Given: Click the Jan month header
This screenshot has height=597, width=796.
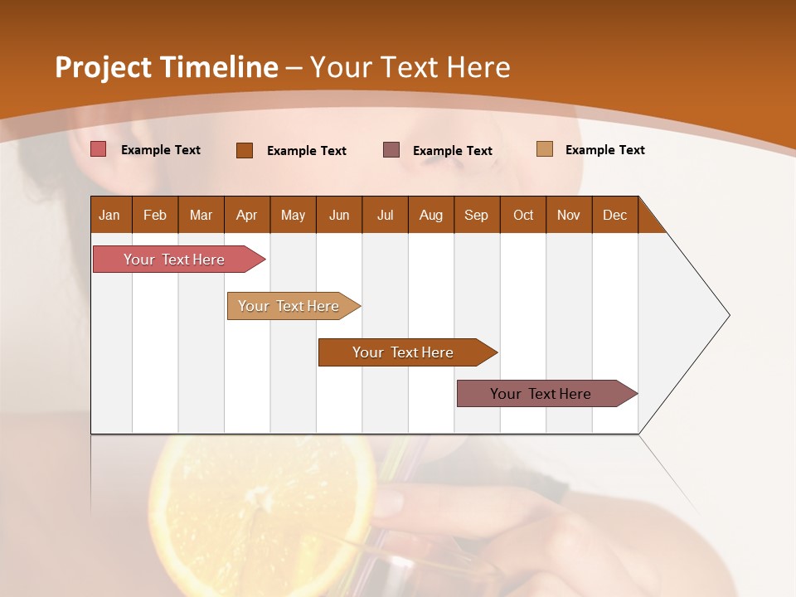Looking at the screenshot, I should (x=110, y=215).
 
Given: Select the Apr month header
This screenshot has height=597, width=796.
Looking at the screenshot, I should (x=247, y=215).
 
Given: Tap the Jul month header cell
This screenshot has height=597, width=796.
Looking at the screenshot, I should (x=385, y=215).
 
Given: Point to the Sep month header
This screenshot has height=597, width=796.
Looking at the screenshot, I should (x=476, y=215).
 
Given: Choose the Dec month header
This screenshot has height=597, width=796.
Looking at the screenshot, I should (x=614, y=215).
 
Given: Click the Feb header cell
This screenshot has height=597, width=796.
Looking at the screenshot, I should (x=155, y=215).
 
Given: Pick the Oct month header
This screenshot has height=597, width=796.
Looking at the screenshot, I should (x=523, y=215).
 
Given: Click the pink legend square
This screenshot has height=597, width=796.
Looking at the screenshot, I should (x=99, y=149).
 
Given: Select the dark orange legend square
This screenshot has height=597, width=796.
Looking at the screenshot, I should (x=245, y=150).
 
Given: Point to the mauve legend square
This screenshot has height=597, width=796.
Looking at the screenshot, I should (x=391, y=150).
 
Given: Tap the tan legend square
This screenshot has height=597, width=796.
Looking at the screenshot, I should (x=545, y=149).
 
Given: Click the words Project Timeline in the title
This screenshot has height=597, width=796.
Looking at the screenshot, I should (x=167, y=67).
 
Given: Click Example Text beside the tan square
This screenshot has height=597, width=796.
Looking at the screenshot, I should (x=604, y=150).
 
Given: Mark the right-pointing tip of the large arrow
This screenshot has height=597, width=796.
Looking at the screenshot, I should (x=727, y=315).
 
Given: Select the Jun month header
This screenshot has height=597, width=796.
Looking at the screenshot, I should (x=339, y=215).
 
